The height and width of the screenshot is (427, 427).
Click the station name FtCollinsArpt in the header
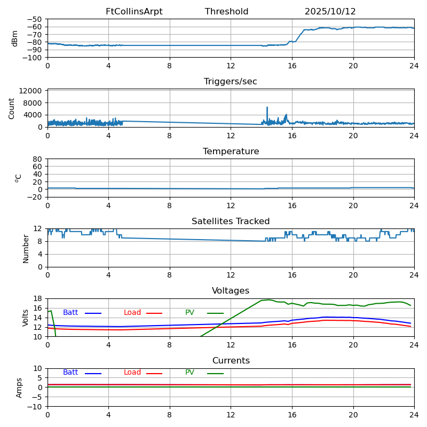tap(134, 12)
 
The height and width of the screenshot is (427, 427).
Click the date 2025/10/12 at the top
tap(330, 12)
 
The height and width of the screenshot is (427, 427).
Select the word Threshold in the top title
tap(226, 12)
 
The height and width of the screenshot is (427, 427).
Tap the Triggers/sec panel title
tap(231, 82)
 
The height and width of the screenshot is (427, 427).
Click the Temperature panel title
tap(231, 152)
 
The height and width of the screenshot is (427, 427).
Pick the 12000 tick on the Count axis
tap(33, 91)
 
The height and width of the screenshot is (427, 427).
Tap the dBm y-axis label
tap(15, 38)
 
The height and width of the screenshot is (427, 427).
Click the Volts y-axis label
tap(26, 318)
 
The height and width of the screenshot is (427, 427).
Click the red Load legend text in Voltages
tap(132, 313)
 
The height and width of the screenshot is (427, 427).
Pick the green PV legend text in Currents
tap(190, 373)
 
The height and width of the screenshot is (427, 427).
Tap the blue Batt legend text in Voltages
tap(70, 313)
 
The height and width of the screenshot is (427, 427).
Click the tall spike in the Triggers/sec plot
tap(267, 108)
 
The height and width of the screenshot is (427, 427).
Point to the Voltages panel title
tap(231, 291)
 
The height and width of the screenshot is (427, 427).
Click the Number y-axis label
tap(26, 248)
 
